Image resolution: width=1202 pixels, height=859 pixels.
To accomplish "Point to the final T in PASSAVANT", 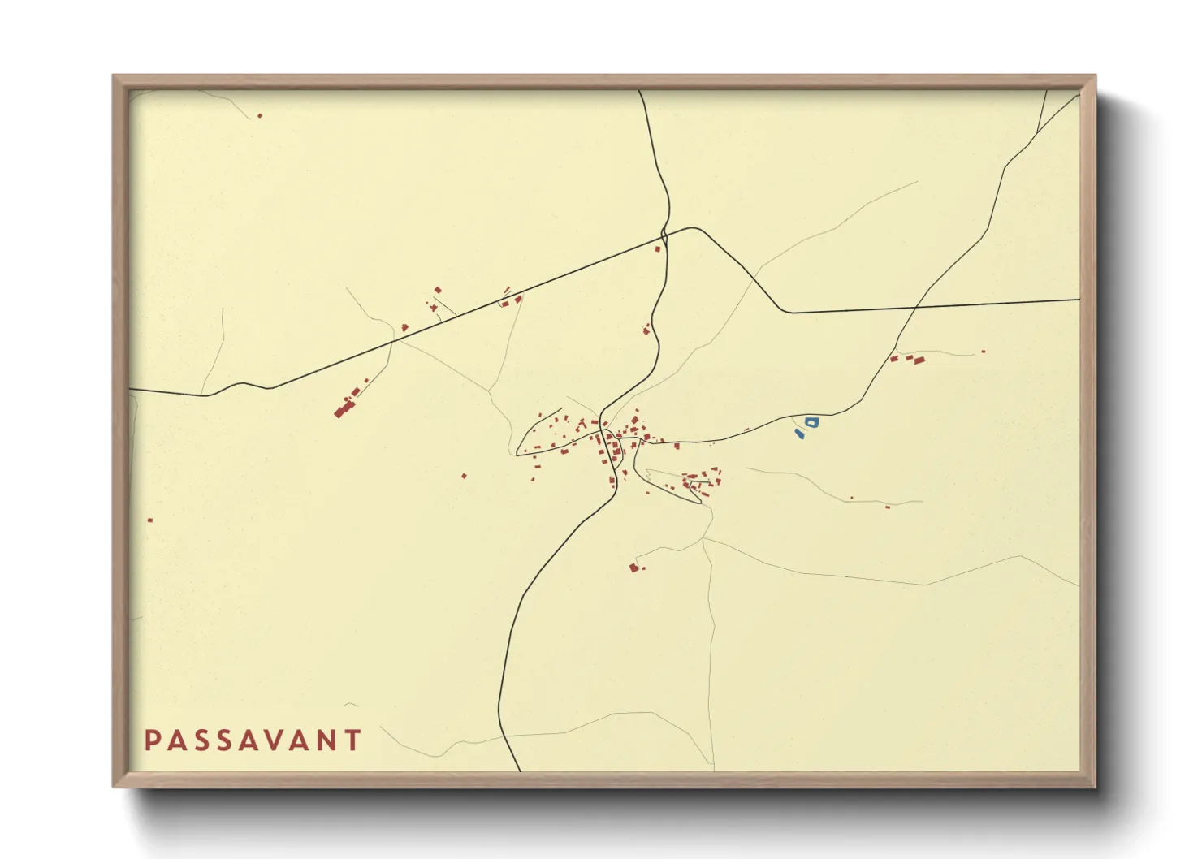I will tap(353, 740).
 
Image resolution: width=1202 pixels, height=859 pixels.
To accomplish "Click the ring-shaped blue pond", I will tap(811, 422).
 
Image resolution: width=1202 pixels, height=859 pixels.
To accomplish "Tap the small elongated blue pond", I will tap(799, 434).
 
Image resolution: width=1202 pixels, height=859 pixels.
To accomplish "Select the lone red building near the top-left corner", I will tap(260, 116).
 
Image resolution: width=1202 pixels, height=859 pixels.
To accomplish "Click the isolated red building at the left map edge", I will tap(150, 520).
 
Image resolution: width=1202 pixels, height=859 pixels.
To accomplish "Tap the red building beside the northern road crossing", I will tap(658, 248).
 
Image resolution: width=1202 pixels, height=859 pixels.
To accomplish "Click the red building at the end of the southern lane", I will tap(633, 568).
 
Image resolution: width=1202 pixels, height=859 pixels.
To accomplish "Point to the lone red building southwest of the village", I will tap(464, 476).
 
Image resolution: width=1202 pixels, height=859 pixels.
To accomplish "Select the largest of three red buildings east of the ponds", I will tap(919, 360).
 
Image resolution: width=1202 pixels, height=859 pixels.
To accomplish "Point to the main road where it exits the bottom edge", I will tap(518, 769).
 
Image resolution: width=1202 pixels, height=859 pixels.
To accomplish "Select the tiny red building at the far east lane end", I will tap(983, 352).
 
